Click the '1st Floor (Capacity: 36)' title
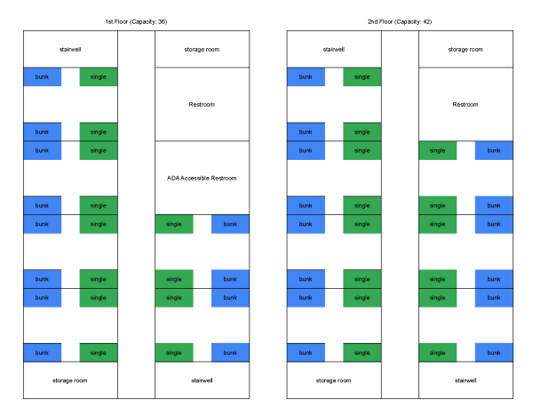click(136, 21)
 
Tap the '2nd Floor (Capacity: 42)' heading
click(400, 21)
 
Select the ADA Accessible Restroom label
click(202, 178)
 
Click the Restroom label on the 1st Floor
click(202, 104)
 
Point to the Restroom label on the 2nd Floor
click(465, 104)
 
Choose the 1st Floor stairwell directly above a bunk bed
click(70, 50)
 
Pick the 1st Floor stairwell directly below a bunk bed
click(202, 380)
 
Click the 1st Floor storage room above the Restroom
click(202, 50)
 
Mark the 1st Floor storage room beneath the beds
click(70, 380)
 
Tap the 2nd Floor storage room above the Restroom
click(465, 50)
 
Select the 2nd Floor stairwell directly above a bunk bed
click(334, 50)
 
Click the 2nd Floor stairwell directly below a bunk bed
click(465, 380)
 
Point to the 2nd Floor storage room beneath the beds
click(334, 380)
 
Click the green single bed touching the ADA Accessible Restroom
click(173, 224)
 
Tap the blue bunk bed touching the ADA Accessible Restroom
click(230, 224)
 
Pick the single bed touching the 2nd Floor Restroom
click(437, 150)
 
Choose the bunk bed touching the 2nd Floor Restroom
click(494, 150)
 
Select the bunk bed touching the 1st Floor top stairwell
click(42, 77)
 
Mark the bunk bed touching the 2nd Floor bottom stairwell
click(494, 352)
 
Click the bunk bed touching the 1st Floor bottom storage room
click(42, 352)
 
